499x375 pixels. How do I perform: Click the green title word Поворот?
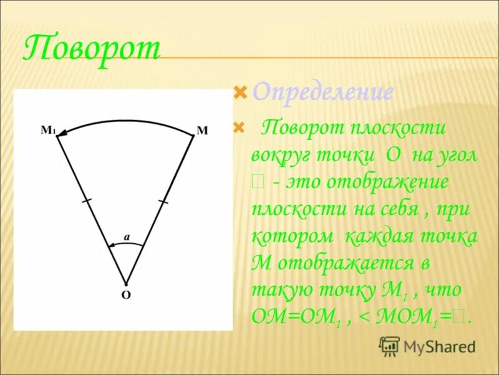[x=92, y=48]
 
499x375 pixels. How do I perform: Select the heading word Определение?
[x=322, y=93]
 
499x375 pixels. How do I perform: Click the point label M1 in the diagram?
[x=48, y=131]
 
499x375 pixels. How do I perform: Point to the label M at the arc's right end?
[x=202, y=131]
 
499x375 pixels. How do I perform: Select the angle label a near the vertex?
[x=126, y=236]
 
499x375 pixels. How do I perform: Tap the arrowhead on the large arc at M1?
[x=64, y=133]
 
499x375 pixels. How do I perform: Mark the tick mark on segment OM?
[x=163, y=201]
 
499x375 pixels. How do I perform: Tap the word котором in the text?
[x=289, y=237]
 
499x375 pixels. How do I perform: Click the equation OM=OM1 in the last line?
[x=296, y=317]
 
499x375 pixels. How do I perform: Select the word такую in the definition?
[x=279, y=291]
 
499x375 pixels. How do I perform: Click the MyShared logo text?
[x=438, y=346]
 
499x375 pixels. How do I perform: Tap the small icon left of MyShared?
[x=389, y=346]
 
